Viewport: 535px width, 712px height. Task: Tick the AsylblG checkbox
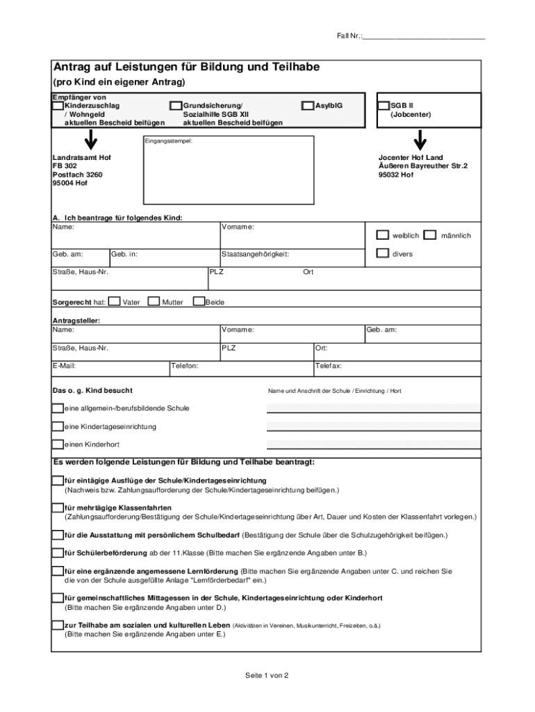point(307,106)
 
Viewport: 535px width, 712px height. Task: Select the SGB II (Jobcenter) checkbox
point(383,106)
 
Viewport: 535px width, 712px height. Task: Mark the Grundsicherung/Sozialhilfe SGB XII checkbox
point(176,106)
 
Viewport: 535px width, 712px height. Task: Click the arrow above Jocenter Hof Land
point(420,140)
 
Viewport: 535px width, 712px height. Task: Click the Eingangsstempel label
point(168,141)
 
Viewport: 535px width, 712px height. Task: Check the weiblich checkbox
point(383,235)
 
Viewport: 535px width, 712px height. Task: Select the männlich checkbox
point(429,235)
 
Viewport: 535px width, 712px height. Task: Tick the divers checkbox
point(383,253)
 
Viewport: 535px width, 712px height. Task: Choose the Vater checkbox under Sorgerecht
point(115,302)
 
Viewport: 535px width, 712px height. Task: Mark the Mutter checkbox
point(155,302)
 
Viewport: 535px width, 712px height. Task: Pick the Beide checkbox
point(199,302)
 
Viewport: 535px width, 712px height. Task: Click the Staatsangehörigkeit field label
point(255,254)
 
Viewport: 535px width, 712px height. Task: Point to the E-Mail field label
point(64,365)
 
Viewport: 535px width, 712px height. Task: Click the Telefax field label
point(329,365)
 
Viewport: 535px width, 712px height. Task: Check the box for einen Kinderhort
point(58,444)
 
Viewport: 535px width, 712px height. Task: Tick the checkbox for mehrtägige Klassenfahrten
point(58,508)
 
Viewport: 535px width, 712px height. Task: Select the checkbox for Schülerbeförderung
point(58,553)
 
